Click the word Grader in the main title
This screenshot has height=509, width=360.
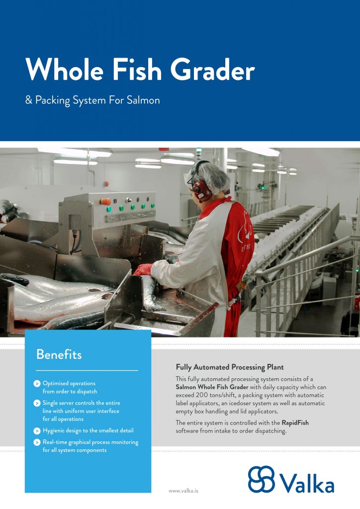pyautogui.click(x=212, y=70)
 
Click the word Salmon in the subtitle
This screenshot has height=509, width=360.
pyautogui.click(x=143, y=100)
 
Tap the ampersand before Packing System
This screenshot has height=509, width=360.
pyautogui.click(x=29, y=99)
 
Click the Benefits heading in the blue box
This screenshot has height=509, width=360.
pyautogui.click(x=59, y=354)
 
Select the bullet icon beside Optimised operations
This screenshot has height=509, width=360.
pyautogui.click(x=37, y=384)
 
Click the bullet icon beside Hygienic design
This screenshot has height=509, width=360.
pyautogui.click(x=37, y=431)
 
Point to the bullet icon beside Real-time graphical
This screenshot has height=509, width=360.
pyautogui.click(x=37, y=442)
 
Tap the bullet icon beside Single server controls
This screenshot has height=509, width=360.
pyautogui.click(x=37, y=403)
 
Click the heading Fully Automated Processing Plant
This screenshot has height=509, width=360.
pyautogui.click(x=230, y=367)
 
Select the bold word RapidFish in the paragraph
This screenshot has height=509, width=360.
pyautogui.click(x=295, y=423)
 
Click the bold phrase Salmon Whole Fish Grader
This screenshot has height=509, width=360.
pyautogui.click(x=212, y=387)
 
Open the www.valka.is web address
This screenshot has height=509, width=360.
pyautogui.click(x=183, y=491)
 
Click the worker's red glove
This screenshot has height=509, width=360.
pyautogui.click(x=143, y=269)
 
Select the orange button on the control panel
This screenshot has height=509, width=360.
pyautogui.click(x=105, y=202)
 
